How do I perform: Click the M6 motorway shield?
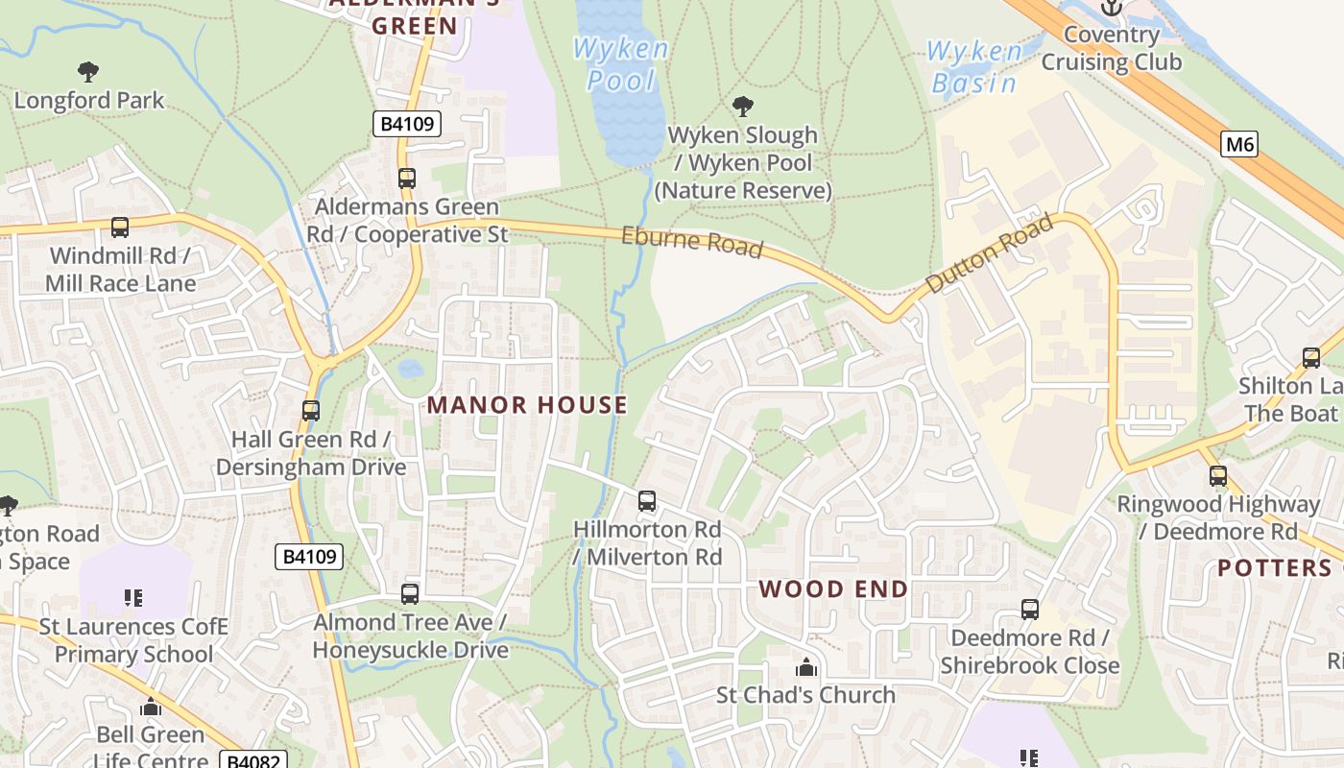[1239, 145]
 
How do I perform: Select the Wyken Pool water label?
[620, 64]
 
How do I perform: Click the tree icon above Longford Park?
[88, 71]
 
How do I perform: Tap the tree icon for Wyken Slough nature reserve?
[742, 106]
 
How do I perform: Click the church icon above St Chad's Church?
[806, 666]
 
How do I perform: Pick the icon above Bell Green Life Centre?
[151, 708]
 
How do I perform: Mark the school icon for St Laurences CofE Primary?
[133, 598]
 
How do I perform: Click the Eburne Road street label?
[691, 242]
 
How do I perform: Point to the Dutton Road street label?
[989, 254]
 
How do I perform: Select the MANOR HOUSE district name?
[527, 405]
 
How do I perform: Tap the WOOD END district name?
[833, 588]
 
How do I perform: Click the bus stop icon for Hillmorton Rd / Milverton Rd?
[647, 500]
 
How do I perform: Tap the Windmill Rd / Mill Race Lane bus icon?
[120, 228]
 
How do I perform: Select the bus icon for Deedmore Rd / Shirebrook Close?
[1030, 609]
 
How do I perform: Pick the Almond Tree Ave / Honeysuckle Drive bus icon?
[410, 593]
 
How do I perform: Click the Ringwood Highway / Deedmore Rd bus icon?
[1218, 475]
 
